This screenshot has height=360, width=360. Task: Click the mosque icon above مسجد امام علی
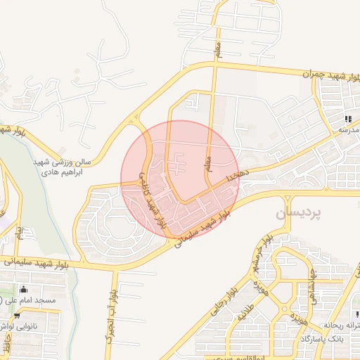25,289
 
